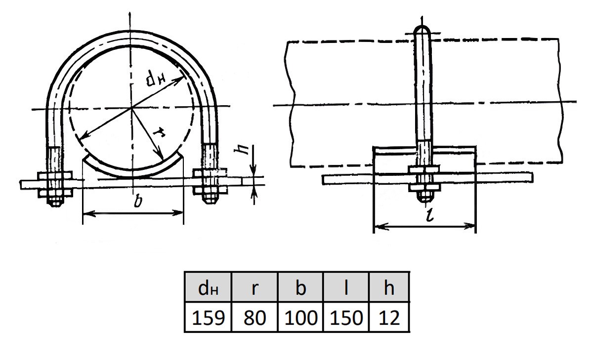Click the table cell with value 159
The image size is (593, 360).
point(208,317)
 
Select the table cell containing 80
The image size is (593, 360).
point(254,317)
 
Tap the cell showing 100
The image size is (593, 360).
point(301,317)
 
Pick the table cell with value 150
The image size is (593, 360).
point(346,317)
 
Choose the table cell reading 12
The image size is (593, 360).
point(389,317)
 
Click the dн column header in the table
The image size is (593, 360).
point(208,287)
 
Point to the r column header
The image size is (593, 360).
point(254,287)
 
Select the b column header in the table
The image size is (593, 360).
point(301,287)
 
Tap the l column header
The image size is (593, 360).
point(346,287)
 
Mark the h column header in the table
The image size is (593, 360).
point(389,287)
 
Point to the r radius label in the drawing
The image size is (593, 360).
point(159,132)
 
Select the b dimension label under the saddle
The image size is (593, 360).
point(138,201)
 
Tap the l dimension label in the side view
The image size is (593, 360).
point(430,214)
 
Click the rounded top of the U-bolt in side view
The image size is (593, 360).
point(422,30)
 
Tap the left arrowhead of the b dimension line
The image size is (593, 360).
point(89,213)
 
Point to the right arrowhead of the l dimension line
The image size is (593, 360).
point(469,226)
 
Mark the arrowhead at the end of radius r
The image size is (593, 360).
point(160,154)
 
